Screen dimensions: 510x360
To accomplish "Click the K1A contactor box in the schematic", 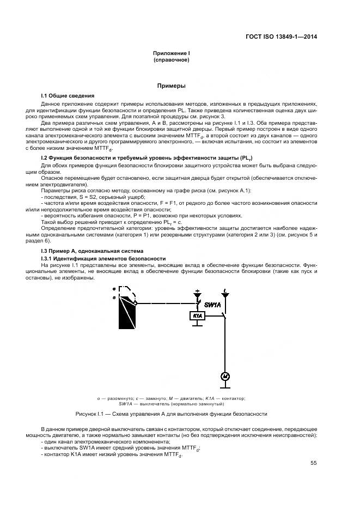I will [x=196, y=315].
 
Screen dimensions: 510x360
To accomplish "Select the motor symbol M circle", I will [x=224, y=377].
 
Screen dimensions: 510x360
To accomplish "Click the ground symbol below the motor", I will [x=224, y=386].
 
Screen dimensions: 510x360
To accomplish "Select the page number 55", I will [x=313, y=463].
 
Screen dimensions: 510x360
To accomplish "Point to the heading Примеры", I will [x=172, y=86].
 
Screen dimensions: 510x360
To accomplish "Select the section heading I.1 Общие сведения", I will [x=68, y=95].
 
